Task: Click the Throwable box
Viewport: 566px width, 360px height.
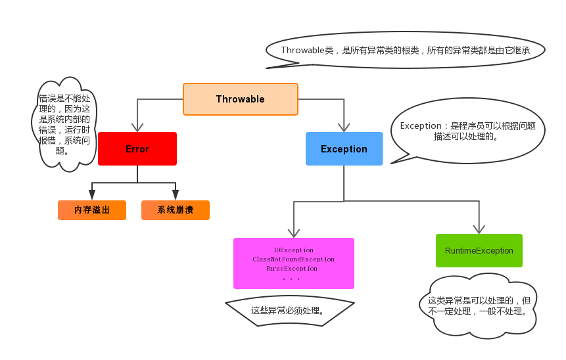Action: point(240,99)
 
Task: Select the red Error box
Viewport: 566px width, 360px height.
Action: point(137,149)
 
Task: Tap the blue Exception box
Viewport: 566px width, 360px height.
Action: point(344,149)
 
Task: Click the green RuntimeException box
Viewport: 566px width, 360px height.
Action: point(479,251)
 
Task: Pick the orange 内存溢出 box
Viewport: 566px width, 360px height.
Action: point(92,210)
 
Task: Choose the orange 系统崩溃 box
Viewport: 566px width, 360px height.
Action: point(175,210)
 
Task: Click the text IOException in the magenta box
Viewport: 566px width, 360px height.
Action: point(293,250)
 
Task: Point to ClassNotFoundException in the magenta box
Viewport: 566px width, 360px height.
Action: point(293,259)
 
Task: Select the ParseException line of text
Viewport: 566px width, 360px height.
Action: point(291,269)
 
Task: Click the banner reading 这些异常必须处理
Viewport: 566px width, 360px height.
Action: point(289,311)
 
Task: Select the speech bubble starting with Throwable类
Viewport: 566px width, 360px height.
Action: point(405,50)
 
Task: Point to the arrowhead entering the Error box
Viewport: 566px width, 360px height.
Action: point(137,127)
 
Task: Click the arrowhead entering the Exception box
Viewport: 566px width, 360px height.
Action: point(344,127)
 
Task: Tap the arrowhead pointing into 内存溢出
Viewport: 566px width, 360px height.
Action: point(92,195)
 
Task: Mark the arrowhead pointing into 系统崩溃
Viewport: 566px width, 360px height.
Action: point(176,195)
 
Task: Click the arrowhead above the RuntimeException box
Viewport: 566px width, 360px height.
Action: point(479,229)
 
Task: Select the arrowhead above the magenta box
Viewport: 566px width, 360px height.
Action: point(294,233)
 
